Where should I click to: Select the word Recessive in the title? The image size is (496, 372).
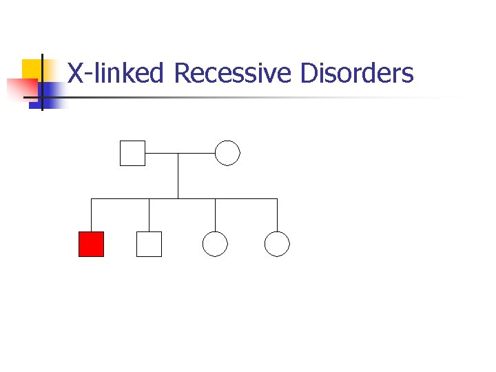click(x=233, y=72)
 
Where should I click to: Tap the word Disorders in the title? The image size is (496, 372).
click(x=356, y=72)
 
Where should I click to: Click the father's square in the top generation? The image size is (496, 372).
click(x=132, y=153)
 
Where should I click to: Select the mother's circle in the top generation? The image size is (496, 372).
click(x=227, y=153)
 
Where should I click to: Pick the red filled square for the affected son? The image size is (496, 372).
click(x=91, y=244)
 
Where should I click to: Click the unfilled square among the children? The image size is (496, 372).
click(x=149, y=244)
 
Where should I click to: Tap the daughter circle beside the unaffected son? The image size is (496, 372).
click(x=215, y=244)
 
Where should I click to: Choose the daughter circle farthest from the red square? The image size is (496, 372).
click(x=277, y=244)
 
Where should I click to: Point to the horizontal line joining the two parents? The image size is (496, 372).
click(x=180, y=153)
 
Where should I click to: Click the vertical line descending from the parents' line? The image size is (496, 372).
click(x=178, y=176)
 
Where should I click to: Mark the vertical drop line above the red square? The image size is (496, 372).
click(x=92, y=215)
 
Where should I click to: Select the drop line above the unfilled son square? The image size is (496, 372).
click(x=149, y=215)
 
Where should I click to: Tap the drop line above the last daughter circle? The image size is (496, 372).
click(x=277, y=215)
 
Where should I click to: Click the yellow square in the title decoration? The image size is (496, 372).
click(x=32, y=68)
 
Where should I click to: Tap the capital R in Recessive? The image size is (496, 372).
click(x=182, y=72)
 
